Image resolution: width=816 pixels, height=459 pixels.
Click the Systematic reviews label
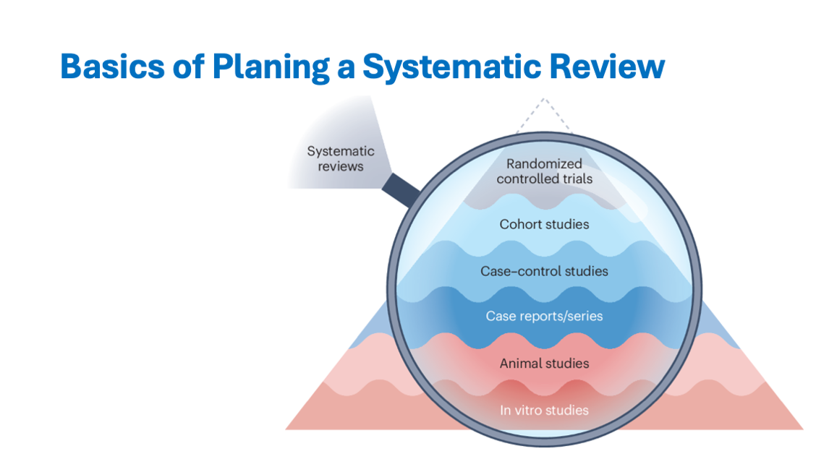[x=341, y=159]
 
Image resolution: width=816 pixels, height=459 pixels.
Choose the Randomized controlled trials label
[x=544, y=171]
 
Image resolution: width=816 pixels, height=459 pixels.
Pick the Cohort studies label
[x=544, y=224]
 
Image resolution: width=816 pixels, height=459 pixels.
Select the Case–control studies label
[x=544, y=272]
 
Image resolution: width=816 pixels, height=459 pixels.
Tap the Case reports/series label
[x=544, y=316]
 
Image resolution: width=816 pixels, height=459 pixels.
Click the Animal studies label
[x=544, y=364]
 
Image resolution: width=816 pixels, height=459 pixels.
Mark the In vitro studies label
[x=544, y=411]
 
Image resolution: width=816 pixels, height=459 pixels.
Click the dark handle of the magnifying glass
[x=402, y=188]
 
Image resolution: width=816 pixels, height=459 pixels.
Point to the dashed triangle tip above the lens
[x=544, y=101]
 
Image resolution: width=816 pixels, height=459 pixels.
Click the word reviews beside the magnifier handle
[x=341, y=167]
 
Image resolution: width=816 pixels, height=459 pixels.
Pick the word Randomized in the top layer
[x=544, y=164]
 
